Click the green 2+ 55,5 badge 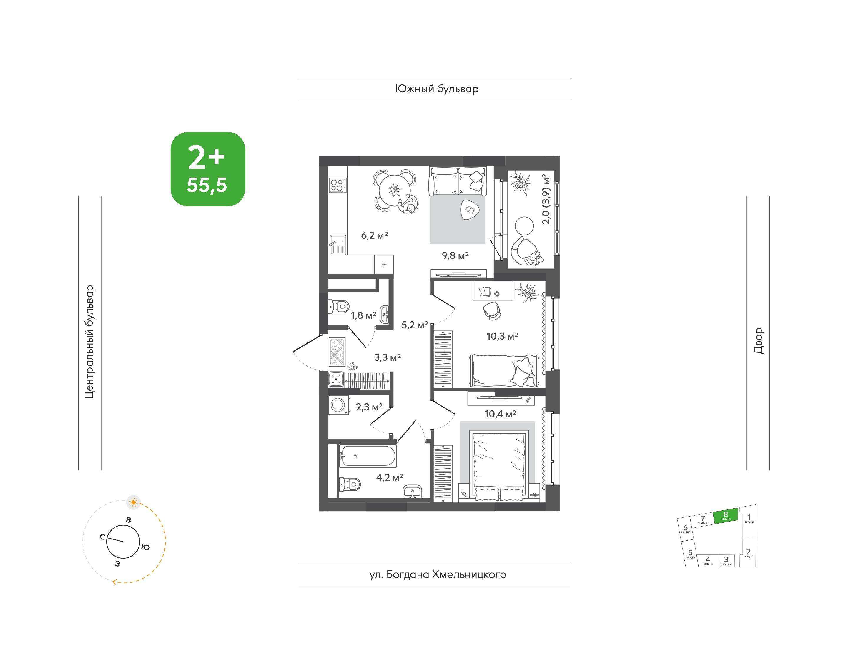tap(208, 169)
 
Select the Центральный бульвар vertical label tap(90, 342)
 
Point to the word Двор tap(758, 341)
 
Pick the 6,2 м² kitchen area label tap(375, 235)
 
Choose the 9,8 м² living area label tap(455, 256)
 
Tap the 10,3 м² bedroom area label tap(502, 336)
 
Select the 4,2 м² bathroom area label tap(390, 477)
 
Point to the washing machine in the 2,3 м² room tap(339, 405)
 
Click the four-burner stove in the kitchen tap(337, 185)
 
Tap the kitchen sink tap(338, 245)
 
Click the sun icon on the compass tap(134, 503)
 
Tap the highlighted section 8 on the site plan tap(726, 516)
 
